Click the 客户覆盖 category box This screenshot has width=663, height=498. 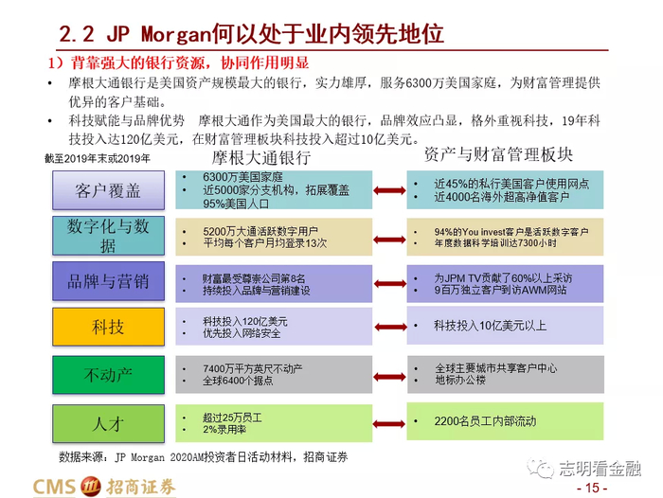[x=108, y=190]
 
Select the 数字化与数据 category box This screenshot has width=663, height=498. [x=108, y=237]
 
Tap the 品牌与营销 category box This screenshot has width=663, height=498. [x=108, y=281]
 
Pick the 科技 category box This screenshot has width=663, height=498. [x=108, y=327]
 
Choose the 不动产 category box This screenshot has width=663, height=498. [x=108, y=373]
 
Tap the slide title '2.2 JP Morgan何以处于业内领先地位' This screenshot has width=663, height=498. [x=251, y=35]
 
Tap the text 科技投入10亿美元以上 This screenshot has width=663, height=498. [x=491, y=326]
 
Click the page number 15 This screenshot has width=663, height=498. [x=593, y=488]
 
